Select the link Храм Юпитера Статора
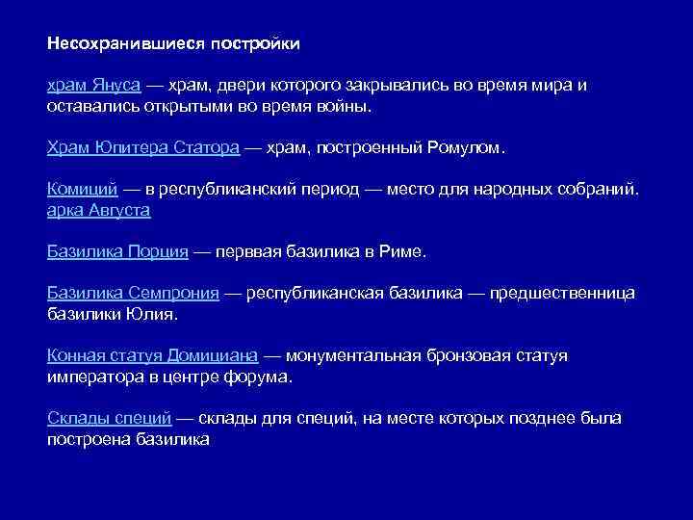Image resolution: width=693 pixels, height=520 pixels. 142,147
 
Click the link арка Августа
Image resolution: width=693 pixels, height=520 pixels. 98,209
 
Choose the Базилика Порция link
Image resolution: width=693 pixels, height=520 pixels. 117,251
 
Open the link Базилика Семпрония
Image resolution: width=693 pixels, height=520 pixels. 133,293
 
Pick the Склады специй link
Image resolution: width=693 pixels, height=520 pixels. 109,418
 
